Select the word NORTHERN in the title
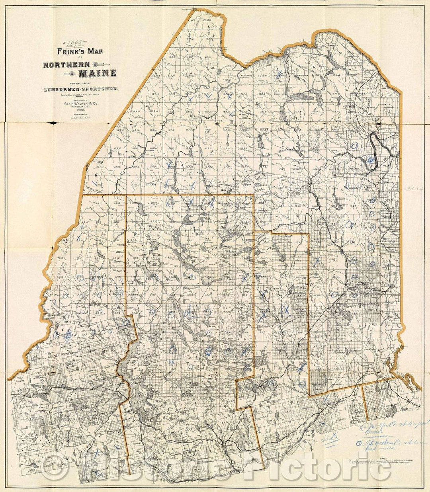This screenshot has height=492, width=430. click(x=66, y=64)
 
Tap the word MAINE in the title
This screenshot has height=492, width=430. click(x=97, y=73)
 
